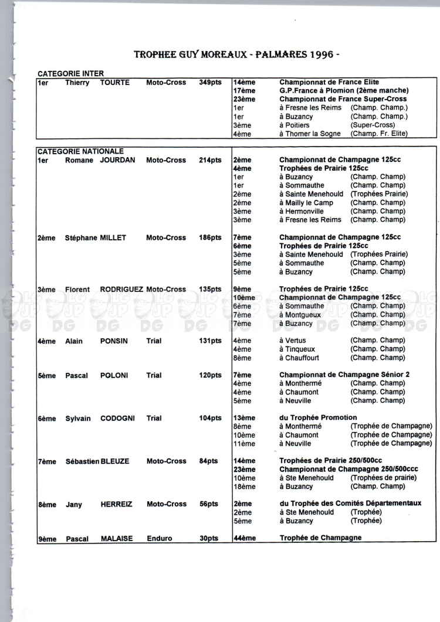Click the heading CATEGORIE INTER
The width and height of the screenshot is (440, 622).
click(70, 74)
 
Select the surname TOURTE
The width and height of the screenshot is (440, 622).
click(114, 83)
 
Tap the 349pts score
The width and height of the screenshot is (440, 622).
click(210, 83)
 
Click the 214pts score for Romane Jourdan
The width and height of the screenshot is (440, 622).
click(210, 160)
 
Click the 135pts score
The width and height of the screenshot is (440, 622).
click(210, 289)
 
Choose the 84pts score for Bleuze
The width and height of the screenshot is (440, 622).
click(208, 461)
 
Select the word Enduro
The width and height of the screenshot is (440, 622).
click(159, 538)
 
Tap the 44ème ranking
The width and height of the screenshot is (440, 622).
click(245, 538)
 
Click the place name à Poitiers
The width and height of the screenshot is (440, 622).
click(294, 125)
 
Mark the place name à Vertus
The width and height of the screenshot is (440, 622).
click(292, 341)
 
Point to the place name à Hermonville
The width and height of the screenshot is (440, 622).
click(301, 211)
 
